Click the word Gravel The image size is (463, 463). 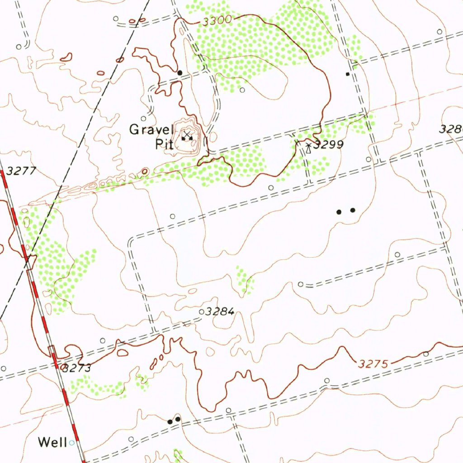(x=151, y=130)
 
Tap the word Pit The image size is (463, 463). (x=162, y=144)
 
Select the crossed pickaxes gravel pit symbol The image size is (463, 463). (x=186, y=135)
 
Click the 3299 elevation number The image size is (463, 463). (x=329, y=145)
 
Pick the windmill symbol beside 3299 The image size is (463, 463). (x=309, y=147)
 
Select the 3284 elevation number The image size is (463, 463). (x=219, y=312)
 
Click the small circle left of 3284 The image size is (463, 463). (x=202, y=312)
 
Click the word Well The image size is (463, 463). (x=52, y=442)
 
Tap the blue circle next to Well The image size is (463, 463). (x=71, y=443)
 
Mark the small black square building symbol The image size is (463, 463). (x=348, y=74)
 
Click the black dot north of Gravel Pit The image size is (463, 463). (x=180, y=72)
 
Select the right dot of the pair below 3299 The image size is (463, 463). (x=353, y=210)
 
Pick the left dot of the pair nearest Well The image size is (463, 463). (x=170, y=421)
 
